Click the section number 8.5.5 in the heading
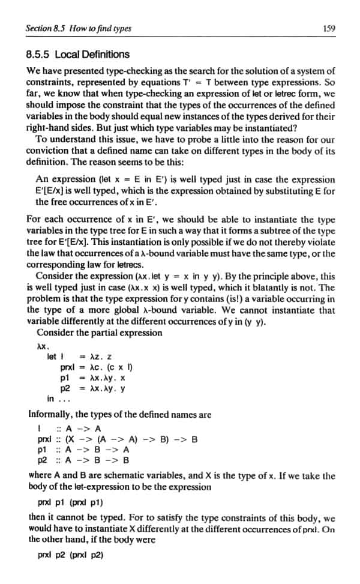click(x=39, y=55)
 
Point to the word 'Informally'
click(x=51, y=414)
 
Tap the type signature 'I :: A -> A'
click(x=68, y=427)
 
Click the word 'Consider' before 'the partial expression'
click(x=56, y=333)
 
